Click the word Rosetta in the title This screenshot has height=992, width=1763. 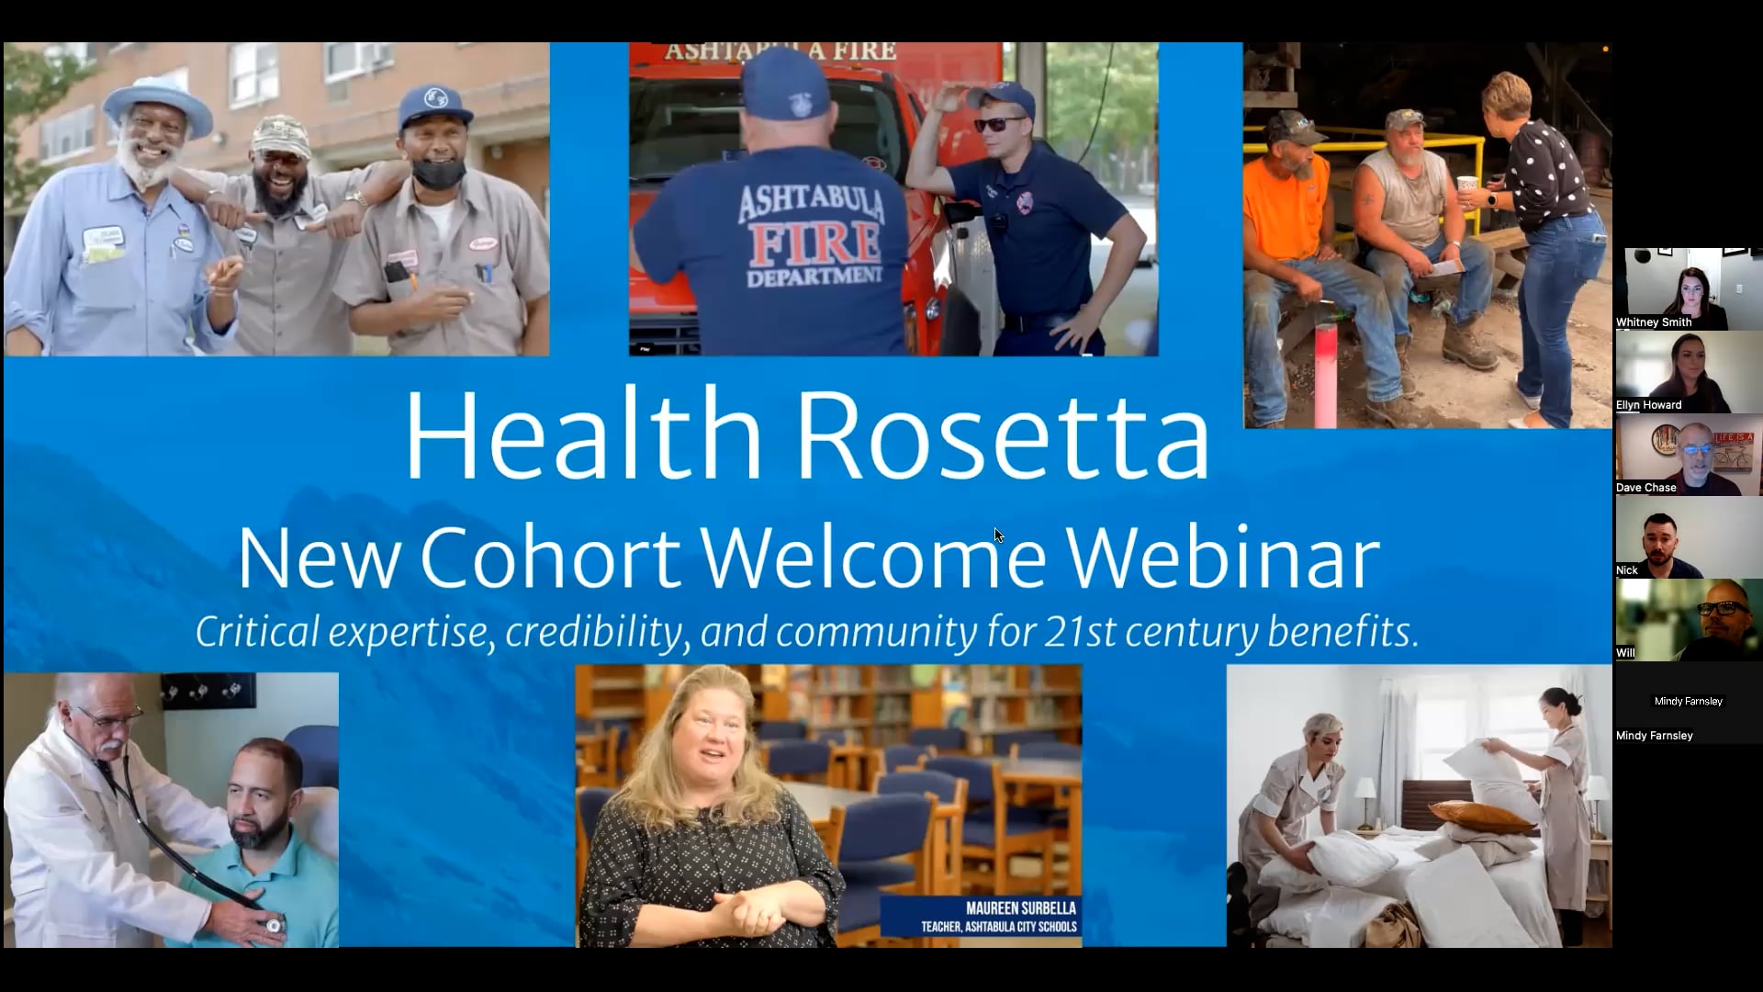1003,436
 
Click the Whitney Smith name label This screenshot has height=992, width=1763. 1654,322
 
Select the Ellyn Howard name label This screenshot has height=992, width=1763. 1649,405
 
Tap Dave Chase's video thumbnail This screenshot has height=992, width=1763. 1689,455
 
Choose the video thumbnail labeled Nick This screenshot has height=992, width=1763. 1689,537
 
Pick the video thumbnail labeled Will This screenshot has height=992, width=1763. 1689,620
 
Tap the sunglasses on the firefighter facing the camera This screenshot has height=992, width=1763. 999,125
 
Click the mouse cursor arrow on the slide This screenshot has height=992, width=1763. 998,535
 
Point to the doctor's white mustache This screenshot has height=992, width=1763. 110,744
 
